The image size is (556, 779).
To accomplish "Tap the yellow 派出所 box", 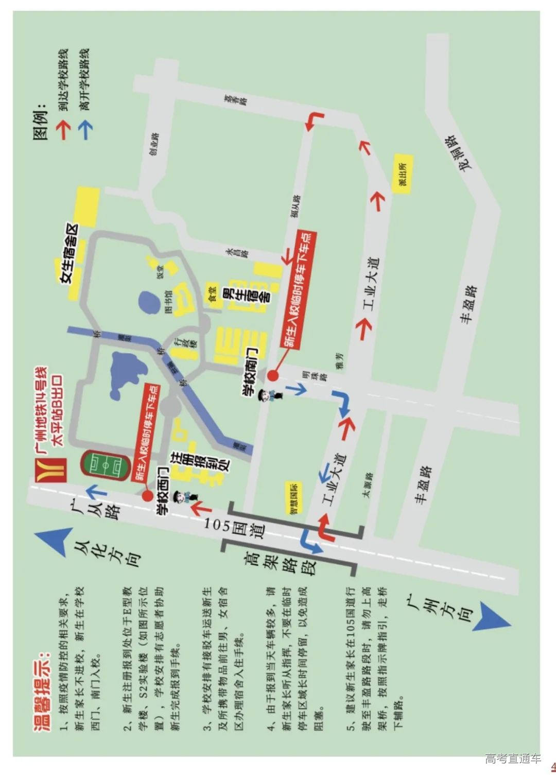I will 402,174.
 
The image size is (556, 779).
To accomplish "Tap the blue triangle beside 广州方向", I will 492,616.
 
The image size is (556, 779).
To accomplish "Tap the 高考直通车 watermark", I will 512,758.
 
